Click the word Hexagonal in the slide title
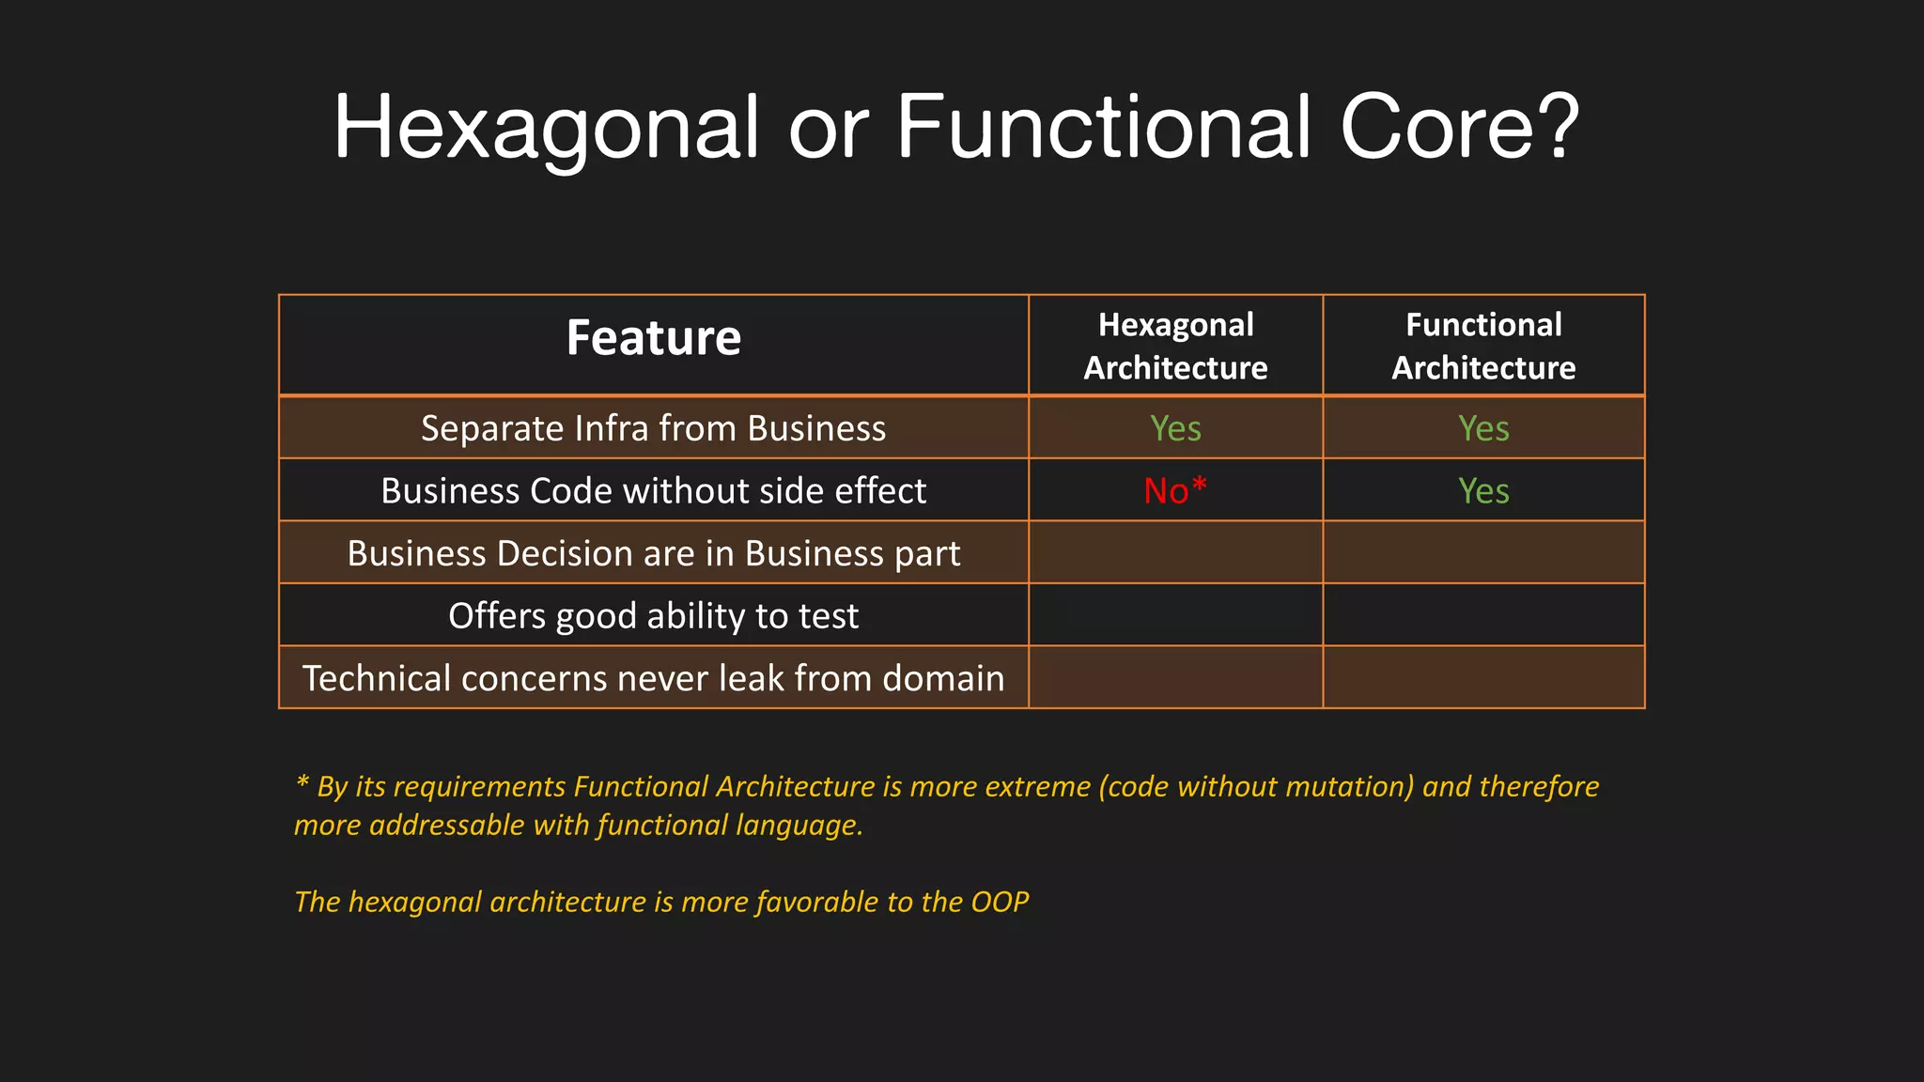545,128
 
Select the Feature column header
653,338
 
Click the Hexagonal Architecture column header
1175,346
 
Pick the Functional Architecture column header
1483,346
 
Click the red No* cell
1175,490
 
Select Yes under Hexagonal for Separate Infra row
1175,428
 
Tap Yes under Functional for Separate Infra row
1483,428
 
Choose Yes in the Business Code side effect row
1483,490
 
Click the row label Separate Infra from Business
653,428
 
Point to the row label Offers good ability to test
653,616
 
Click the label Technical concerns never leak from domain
653,678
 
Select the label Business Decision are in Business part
653,553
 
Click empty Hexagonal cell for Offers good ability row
1175,615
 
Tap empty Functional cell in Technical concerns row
1483,677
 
